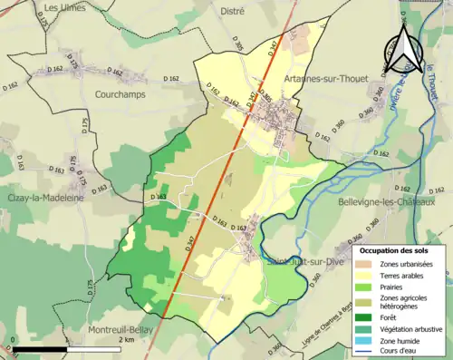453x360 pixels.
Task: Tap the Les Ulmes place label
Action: tap(63, 9)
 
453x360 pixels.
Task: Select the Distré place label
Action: tap(233, 10)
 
